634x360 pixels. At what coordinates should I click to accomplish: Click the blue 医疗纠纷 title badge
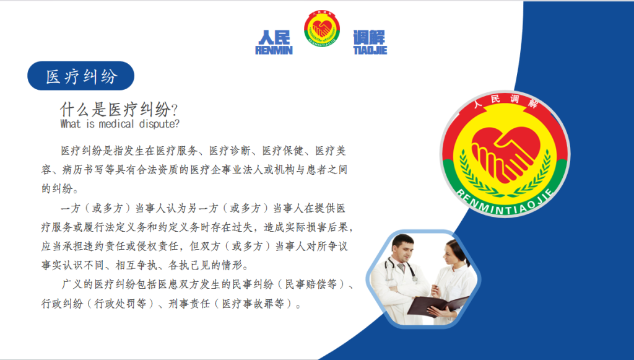coord(81,76)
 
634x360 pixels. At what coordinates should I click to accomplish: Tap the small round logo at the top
coord(322,29)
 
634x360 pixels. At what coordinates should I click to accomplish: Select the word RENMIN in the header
coord(274,50)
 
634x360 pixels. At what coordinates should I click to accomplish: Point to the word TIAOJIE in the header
coord(370,50)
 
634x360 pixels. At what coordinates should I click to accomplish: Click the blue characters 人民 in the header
coord(274,38)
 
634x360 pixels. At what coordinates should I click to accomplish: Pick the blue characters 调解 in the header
coord(369,38)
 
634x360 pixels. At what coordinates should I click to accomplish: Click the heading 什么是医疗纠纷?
coord(119,110)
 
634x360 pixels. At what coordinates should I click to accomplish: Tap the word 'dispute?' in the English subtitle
coord(159,124)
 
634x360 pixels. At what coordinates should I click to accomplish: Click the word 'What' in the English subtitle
coord(71,124)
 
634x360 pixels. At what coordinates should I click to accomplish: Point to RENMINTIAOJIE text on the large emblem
coord(505,202)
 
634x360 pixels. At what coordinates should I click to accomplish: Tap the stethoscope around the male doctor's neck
coord(401,269)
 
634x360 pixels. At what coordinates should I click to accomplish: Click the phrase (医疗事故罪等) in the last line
coord(253,304)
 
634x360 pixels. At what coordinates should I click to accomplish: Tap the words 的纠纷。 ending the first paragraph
coord(60,188)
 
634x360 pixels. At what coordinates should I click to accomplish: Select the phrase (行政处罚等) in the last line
coord(120,304)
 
